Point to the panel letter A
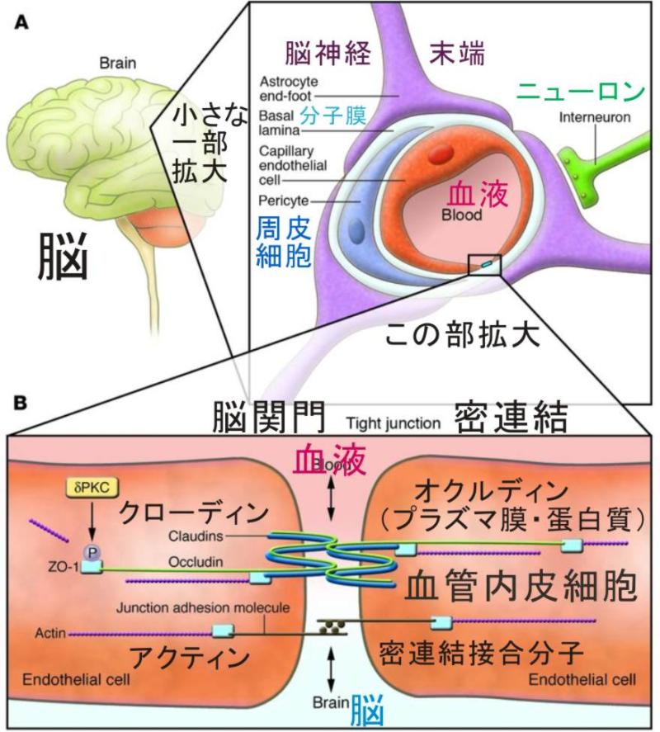click(23, 24)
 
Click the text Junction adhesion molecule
click(203, 609)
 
